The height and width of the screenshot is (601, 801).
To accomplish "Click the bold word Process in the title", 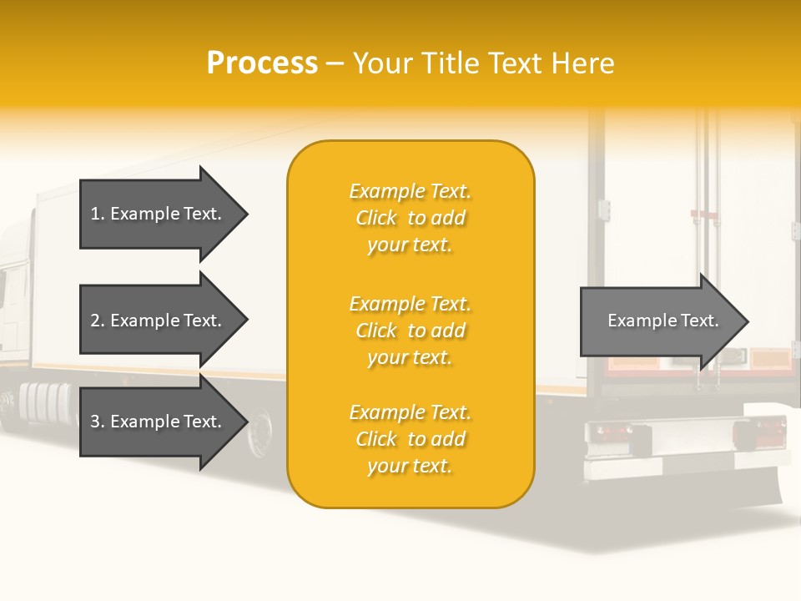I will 262,63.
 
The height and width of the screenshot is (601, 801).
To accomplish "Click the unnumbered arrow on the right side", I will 663,321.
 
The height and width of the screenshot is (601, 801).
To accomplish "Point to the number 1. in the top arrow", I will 98,214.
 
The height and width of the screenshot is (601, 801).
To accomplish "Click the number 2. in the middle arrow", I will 98,321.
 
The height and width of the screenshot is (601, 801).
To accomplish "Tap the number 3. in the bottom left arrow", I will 98,422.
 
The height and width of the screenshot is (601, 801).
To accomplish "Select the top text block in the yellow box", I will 410,218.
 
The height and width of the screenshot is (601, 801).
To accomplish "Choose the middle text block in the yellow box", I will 410,331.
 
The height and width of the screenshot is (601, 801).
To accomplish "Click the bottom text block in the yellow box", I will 410,439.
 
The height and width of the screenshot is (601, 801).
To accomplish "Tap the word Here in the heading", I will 583,63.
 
